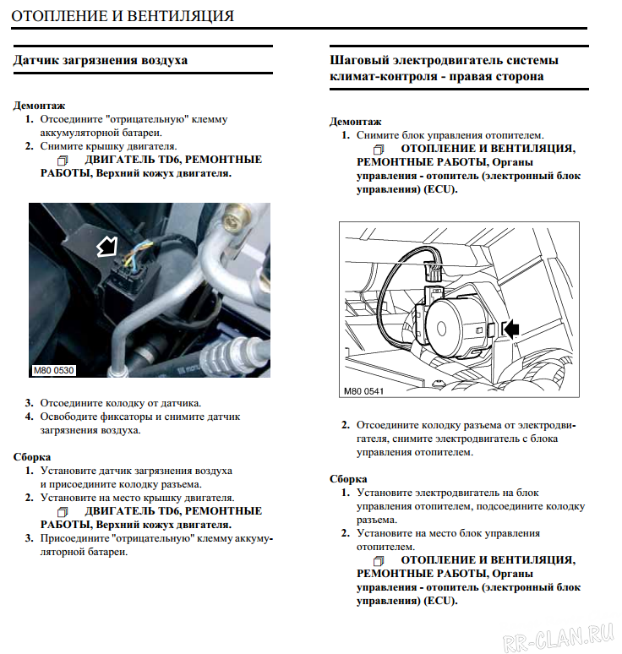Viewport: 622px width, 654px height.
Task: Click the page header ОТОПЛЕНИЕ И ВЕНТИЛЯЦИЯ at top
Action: pos(122,16)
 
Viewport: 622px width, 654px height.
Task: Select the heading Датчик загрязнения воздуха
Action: pos(101,61)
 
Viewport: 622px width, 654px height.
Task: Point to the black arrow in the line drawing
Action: pos(511,329)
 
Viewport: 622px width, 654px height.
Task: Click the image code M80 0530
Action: pos(54,369)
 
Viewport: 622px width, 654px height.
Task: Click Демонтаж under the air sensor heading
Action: pos(39,106)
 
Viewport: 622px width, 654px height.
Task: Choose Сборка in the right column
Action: pos(348,479)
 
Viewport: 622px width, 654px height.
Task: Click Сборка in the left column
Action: pos(32,457)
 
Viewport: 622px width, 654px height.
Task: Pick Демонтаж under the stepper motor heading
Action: pos(355,122)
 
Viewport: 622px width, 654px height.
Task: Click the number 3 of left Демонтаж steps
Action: pos(29,403)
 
